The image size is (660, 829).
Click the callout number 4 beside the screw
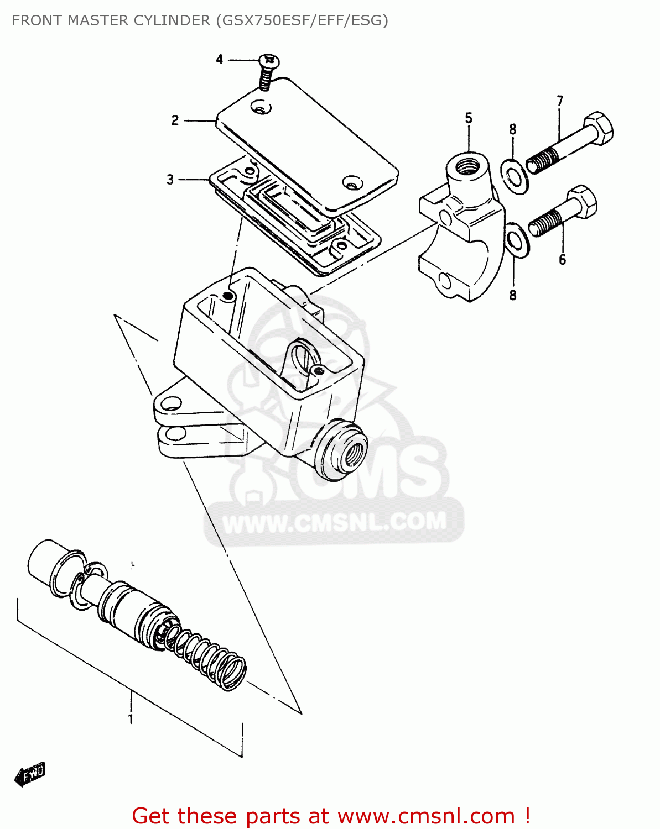(220, 59)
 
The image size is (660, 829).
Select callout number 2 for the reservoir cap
(175, 120)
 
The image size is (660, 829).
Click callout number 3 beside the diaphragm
(170, 179)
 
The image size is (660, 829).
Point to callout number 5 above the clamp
(469, 118)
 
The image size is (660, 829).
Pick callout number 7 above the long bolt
(560, 101)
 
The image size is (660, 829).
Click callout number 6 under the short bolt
(562, 259)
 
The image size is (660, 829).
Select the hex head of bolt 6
(582, 201)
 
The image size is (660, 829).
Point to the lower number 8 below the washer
(513, 295)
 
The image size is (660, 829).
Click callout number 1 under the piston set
(131, 719)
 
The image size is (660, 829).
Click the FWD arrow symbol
(30, 774)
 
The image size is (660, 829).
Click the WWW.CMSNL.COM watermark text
(334, 522)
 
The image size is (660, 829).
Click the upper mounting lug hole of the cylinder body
(173, 403)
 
